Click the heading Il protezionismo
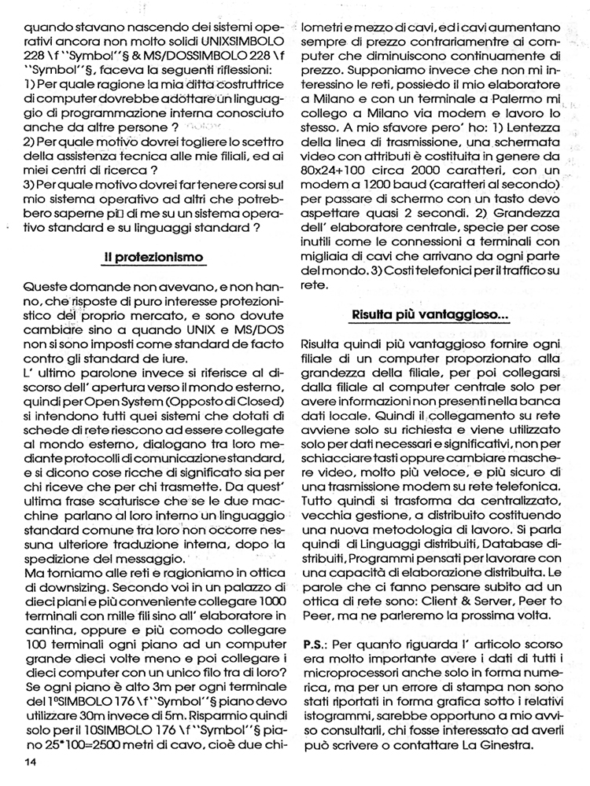(x=153, y=257)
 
